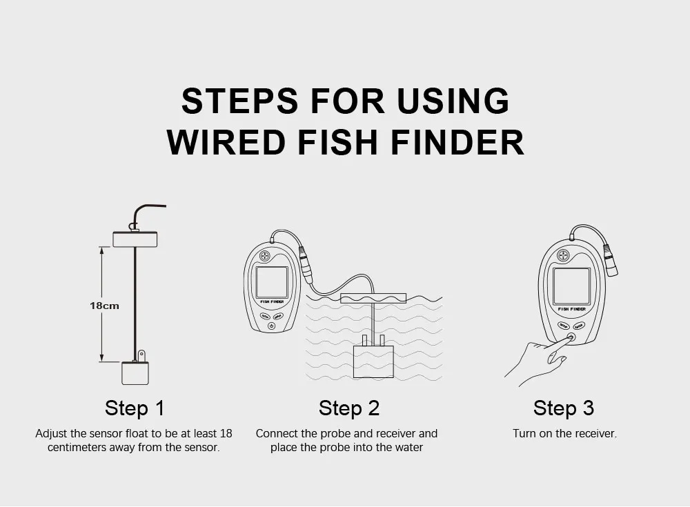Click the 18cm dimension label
click(x=104, y=306)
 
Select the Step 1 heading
click(x=135, y=408)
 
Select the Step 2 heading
click(x=349, y=408)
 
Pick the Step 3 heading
click(x=564, y=408)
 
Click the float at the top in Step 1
click(x=135, y=239)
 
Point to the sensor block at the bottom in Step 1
click(x=135, y=372)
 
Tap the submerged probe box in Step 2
click(x=373, y=361)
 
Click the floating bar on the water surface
click(x=373, y=299)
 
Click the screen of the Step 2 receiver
click(x=272, y=282)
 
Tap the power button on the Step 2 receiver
click(x=271, y=326)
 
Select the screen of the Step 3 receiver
click(x=571, y=286)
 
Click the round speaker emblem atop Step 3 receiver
click(x=563, y=255)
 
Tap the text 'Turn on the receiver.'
click(x=564, y=433)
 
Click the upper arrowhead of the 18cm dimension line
click(x=101, y=250)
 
